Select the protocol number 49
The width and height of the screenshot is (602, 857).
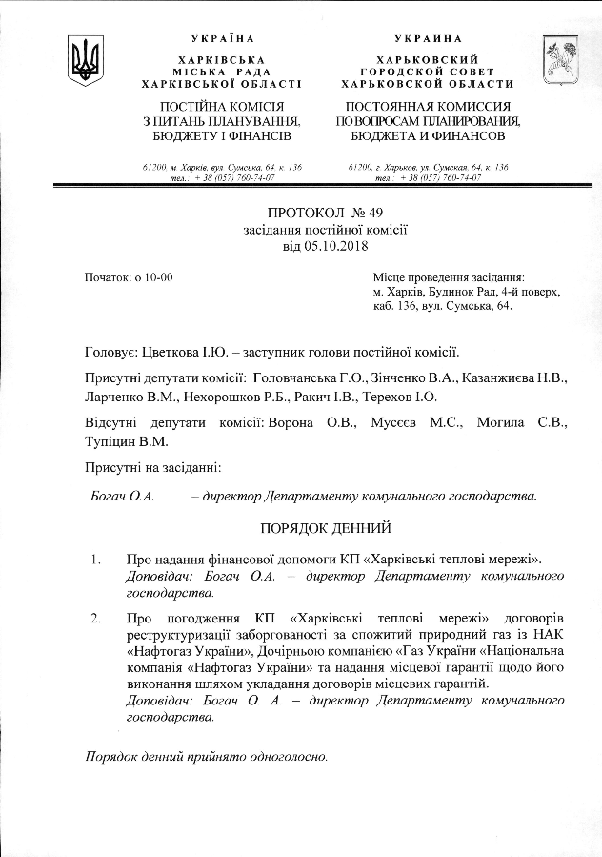[346, 213]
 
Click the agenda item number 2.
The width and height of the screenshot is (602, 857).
[96, 618]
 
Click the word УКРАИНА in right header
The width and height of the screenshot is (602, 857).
[417, 38]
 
